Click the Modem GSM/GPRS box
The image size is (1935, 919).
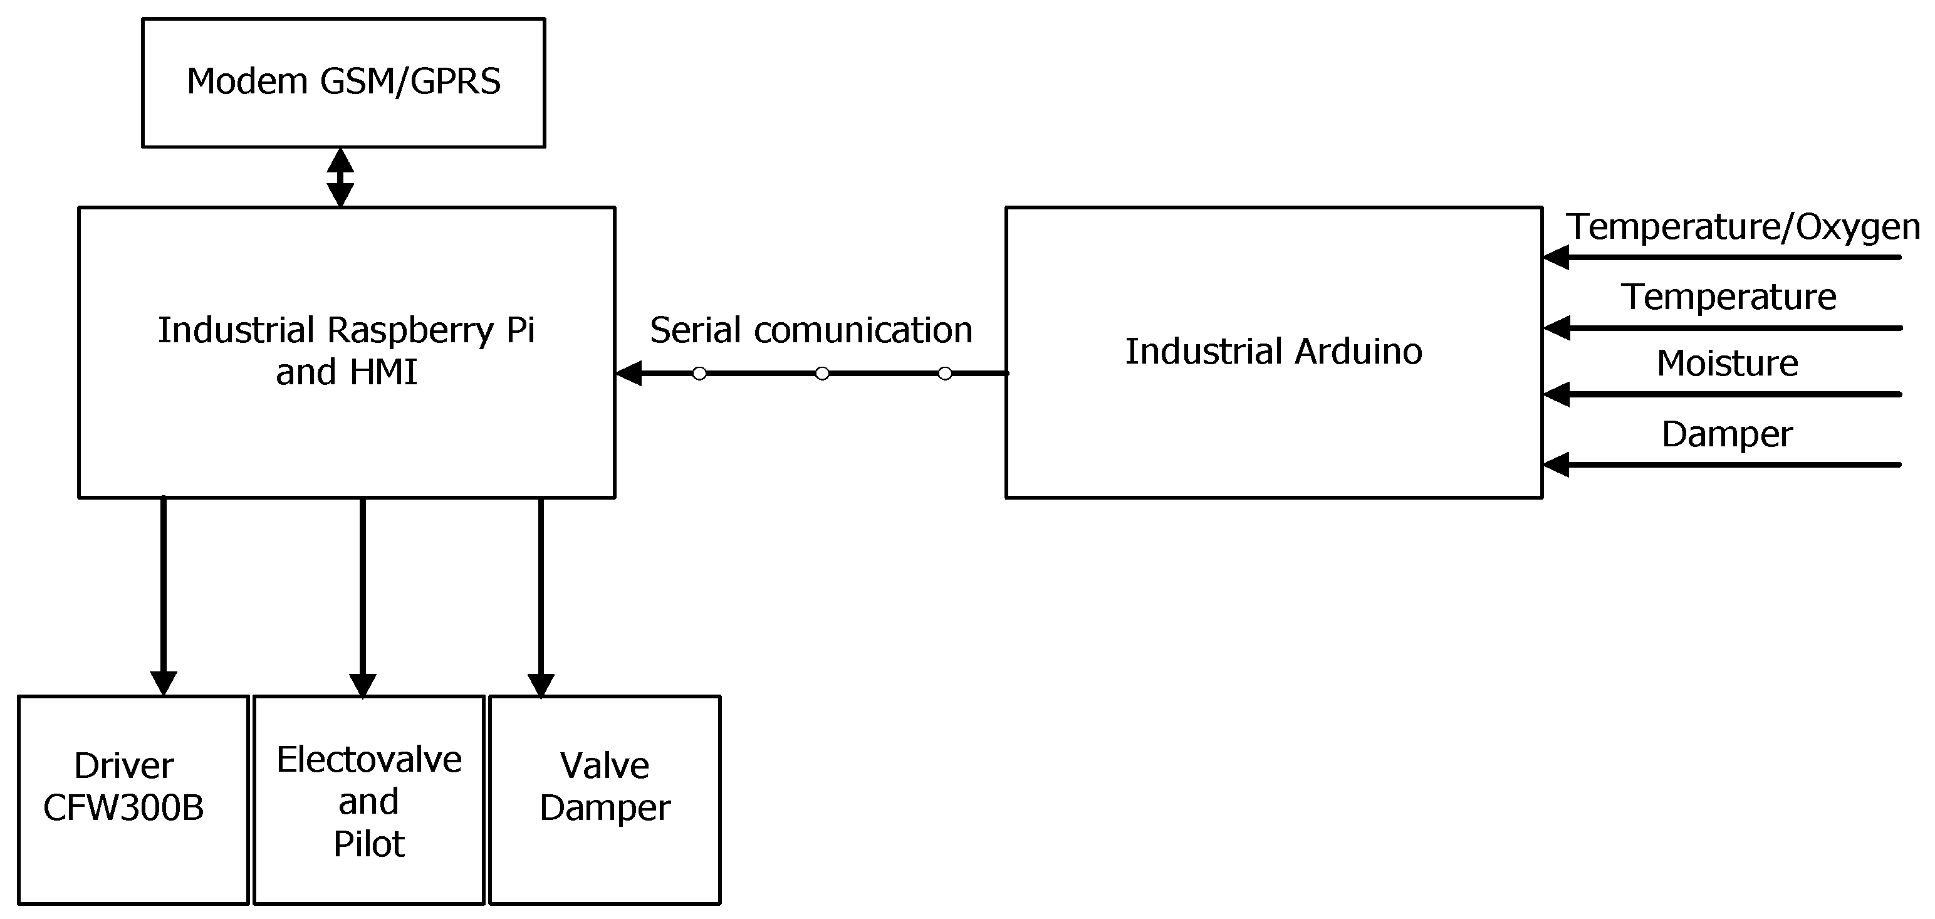point(343,83)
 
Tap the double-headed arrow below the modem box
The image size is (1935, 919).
point(340,177)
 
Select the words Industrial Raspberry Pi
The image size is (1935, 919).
point(347,330)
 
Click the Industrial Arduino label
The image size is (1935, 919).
point(1273,352)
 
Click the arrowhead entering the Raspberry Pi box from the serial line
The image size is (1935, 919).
point(628,374)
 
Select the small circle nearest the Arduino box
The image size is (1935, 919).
point(945,374)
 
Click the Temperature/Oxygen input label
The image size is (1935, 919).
point(1743,226)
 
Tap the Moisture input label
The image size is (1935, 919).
point(1727,364)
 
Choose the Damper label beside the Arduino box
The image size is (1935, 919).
point(1727,434)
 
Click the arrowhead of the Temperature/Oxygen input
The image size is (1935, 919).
point(1557,258)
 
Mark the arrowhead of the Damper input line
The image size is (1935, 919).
point(1557,465)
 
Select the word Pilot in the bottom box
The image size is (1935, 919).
point(369,844)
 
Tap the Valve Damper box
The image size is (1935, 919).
point(605,799)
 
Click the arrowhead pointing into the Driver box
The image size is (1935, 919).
point(163,682)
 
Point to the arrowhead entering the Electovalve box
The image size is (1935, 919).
point(363,684)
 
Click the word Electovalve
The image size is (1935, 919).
point(369,760)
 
